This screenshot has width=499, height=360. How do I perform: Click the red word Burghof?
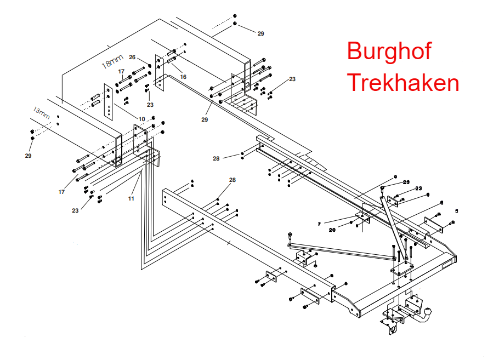point(389,52)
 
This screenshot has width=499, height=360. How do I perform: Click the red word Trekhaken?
point(403,83)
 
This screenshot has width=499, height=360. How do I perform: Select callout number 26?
point(132,57)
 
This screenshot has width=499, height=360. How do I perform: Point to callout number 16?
point(183,77)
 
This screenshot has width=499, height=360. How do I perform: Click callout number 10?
point(141,119)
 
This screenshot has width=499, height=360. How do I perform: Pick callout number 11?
point(131,198)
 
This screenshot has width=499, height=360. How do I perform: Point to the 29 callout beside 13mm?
point(28,156)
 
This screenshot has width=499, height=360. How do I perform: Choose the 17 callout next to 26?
point(121,72)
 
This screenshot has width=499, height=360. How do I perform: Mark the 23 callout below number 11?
point(75,210)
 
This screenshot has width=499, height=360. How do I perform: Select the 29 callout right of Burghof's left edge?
point(260,33)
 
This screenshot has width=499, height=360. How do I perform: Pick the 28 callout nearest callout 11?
point(232,180)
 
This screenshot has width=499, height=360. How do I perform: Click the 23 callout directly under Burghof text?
point(292,79)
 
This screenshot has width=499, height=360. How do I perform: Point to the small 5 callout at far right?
point(457,210)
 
